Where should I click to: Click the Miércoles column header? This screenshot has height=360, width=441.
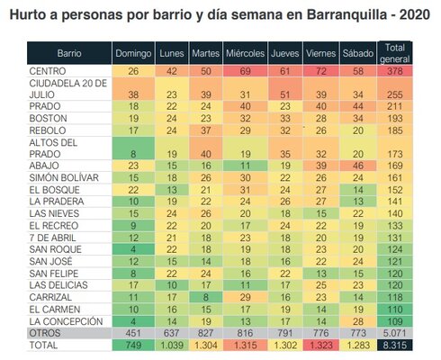(x=245, y=53)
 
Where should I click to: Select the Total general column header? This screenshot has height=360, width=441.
(x=394, y=53)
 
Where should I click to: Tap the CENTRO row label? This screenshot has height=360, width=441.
(x=48, y=71)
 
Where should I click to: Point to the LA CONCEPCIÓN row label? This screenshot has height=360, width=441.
(x=66, y=321)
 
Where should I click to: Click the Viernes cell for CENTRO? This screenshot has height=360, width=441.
(x=321, y=71)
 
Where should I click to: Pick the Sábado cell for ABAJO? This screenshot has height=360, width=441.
(x=358, y=166)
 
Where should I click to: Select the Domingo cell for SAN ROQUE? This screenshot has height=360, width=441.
(x=133, y=249)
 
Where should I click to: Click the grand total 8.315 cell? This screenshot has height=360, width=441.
(x=394, y=345)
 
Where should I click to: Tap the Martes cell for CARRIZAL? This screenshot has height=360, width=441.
(x=206, y=297)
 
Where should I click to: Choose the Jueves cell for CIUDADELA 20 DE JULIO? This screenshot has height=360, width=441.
(x=285, y=89)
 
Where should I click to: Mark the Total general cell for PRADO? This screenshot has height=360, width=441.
(x=394, y=106)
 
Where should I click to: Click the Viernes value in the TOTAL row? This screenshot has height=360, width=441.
(x=321, y=345)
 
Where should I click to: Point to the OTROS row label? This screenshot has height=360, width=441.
(x=45, y=333)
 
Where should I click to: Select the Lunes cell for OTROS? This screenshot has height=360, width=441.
(x=172, y=333)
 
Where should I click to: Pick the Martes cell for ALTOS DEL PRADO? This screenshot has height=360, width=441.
(x=206, y=148)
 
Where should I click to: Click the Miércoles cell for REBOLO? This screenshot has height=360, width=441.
(x=245, y=130)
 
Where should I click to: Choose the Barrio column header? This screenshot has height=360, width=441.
(x=69, y=53)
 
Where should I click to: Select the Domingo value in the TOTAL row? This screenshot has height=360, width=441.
(x=133, y=345)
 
